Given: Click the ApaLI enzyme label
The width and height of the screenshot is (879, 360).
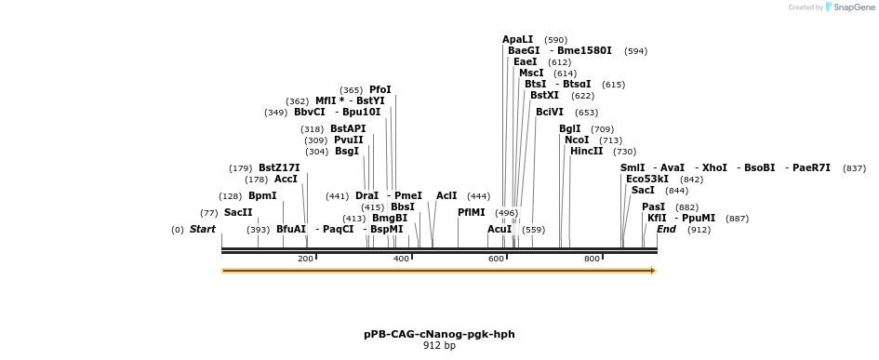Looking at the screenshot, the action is [x=517, y=39].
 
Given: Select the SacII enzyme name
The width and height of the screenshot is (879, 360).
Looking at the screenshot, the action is [x=238, y=212].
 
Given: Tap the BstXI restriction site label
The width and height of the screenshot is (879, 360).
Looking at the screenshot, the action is [x=544, y=95].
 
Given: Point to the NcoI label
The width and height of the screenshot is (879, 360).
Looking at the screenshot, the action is [x=577, y=140].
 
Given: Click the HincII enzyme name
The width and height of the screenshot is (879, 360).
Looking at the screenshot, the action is [x=586, y=152].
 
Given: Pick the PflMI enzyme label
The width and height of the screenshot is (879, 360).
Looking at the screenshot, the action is [x=471, y=212].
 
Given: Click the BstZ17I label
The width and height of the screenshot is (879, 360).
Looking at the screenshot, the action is [x=279, y=168].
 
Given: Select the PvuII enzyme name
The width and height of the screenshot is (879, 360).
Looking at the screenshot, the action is [x=349, y=140].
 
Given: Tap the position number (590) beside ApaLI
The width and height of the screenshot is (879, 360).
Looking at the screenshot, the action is [x=555, y=40].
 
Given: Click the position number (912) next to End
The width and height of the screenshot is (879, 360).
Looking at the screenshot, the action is [x=699, y=230].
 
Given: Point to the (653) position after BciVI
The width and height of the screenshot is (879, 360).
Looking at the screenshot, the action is [x=586, y=113].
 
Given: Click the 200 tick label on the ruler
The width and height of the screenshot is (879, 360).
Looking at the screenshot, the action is [x=305, y=259].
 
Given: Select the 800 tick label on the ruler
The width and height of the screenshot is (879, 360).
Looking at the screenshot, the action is [x=592, y=259].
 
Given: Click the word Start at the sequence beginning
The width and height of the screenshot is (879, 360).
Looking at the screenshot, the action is [x=203, y=230].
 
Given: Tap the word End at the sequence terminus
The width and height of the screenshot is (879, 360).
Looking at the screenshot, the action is [x=666, y=230].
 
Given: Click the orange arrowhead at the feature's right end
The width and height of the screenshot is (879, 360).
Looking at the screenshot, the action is [x=653, y=271].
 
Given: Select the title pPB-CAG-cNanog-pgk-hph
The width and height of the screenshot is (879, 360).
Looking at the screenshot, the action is [x=439, y=334].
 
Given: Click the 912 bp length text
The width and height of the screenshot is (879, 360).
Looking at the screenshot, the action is [x=439, y=346].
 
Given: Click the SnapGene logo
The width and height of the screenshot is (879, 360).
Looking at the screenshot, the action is [x=850, y=7].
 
